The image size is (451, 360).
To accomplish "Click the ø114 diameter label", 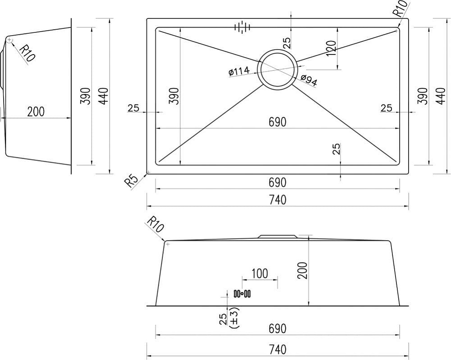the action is pos(239,71).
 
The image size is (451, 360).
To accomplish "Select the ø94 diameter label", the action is pos(309,81).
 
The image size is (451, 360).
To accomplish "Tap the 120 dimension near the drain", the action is pos(331,48).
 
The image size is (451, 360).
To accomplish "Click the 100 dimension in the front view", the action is pos(260,273).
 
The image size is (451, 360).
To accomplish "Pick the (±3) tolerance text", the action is pos(235,318).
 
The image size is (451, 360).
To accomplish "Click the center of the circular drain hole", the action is pos(277,70).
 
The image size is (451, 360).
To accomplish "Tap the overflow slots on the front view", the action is pos(242,294).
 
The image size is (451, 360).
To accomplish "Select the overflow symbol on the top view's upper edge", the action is pos(243,27).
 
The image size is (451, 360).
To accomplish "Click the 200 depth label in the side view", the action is pos(36,111).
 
